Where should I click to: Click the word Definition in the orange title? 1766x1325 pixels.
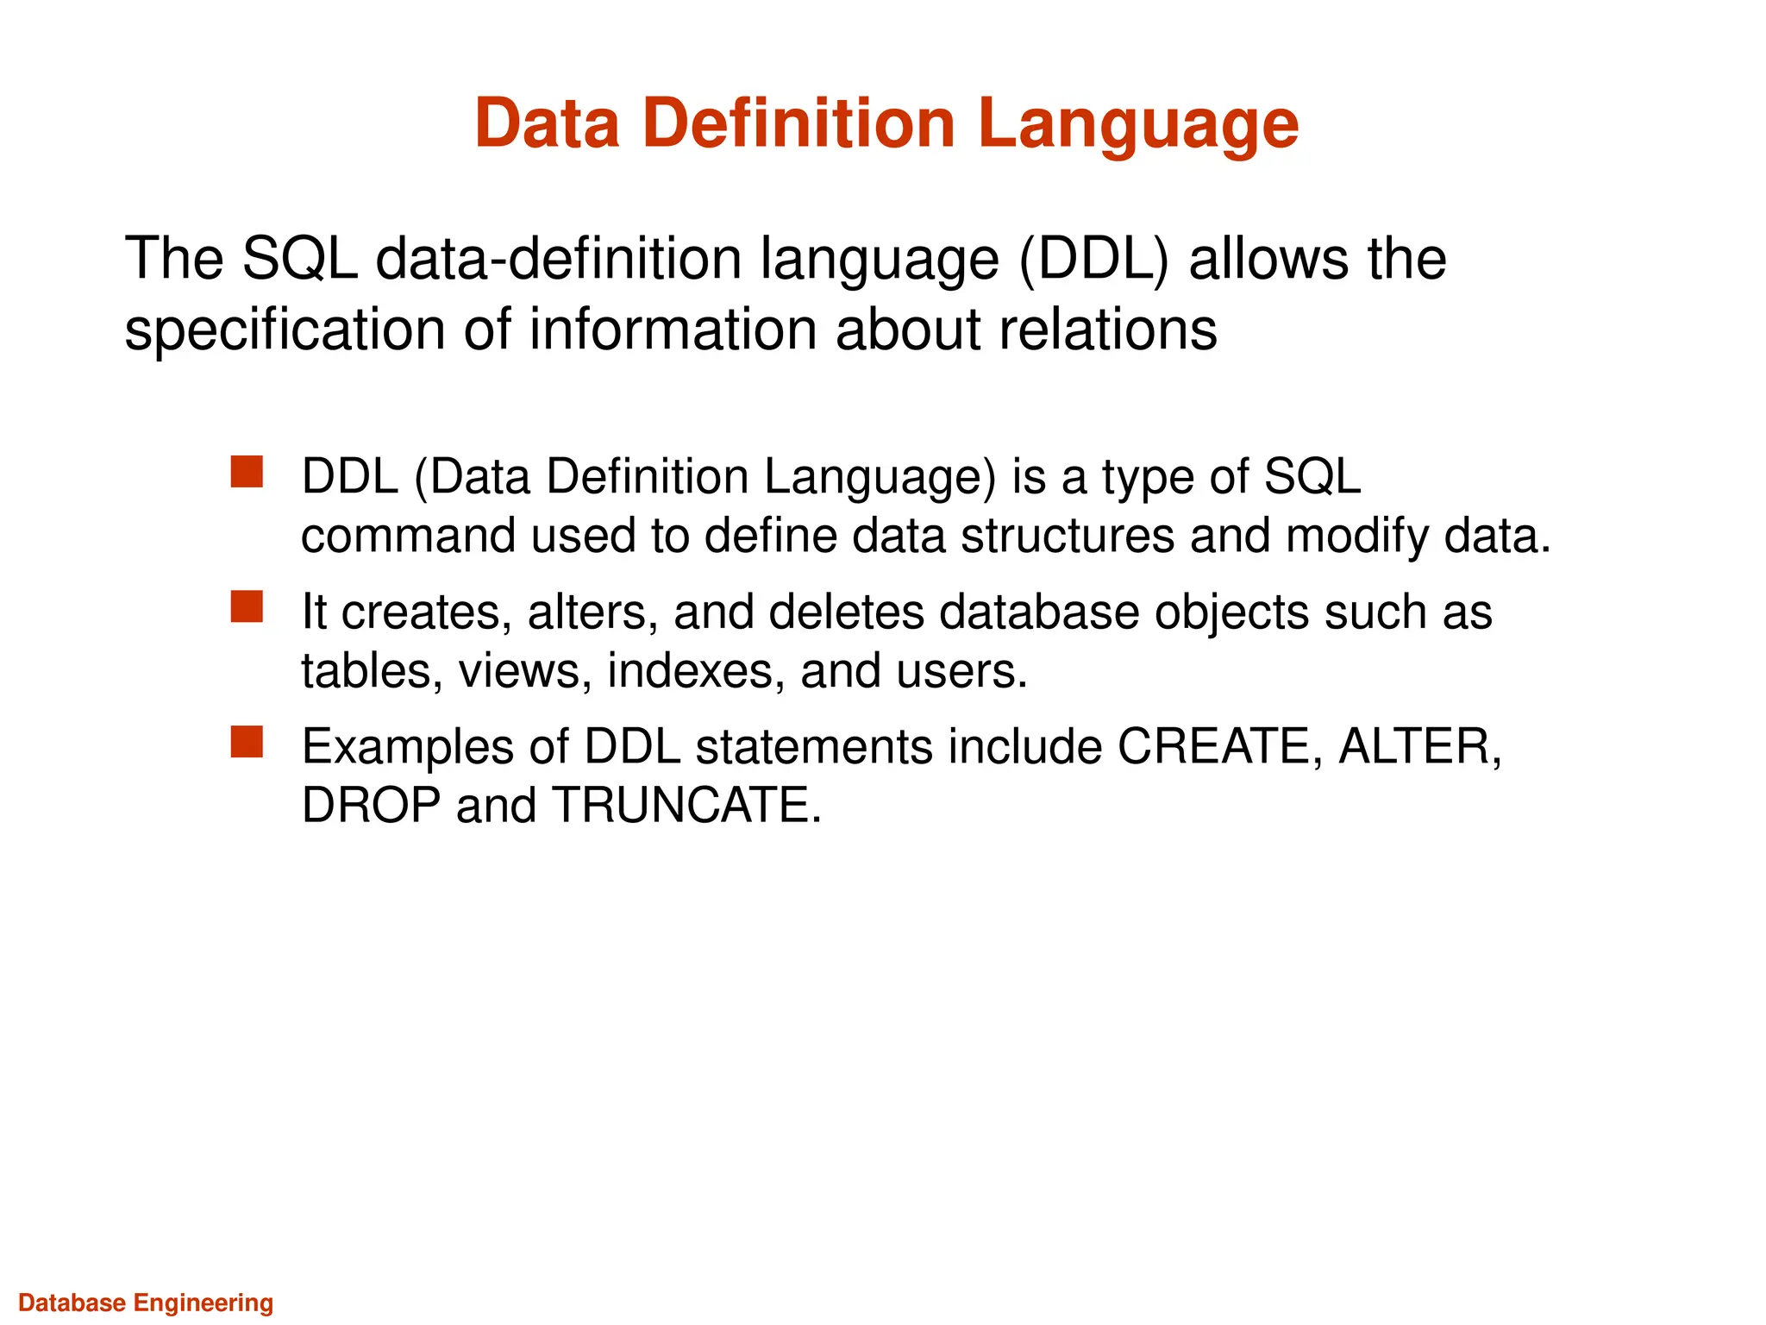798,124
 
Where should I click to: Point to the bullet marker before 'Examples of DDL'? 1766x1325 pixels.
247,742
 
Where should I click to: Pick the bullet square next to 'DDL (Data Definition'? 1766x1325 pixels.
247,472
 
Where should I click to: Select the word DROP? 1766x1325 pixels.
371,806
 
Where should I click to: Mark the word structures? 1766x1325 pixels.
1068,537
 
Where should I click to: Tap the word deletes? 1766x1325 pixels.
845,612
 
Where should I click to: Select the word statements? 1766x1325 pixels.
814,747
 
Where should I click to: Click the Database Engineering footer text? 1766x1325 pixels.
146,1303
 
